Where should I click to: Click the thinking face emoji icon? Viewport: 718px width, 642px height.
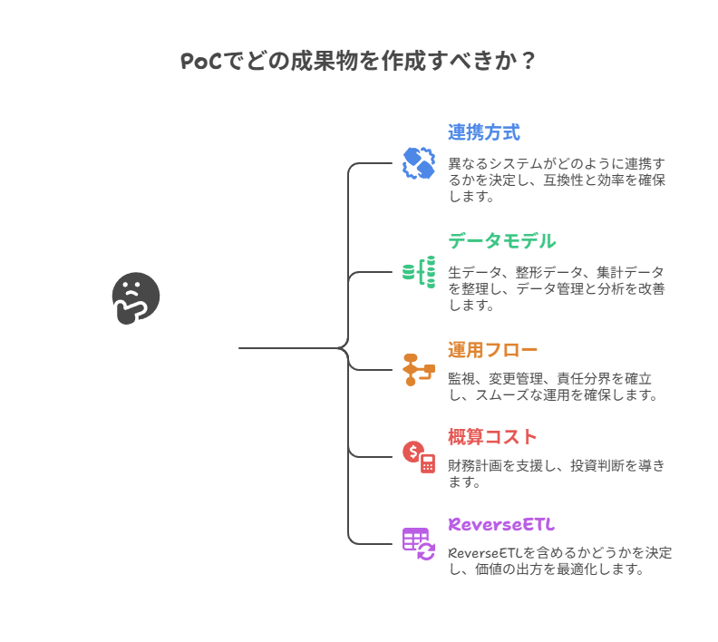coord(135,297)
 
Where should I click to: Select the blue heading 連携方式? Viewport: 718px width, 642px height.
coord(483,132)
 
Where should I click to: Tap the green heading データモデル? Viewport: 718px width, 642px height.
coord(501,241)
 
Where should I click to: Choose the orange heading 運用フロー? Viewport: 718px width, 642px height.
coord(492,350)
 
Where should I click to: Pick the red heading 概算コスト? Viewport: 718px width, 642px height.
coord(492,437)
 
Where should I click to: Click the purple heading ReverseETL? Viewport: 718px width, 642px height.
coord(501,524)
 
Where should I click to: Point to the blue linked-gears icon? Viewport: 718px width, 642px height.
coord(419,163)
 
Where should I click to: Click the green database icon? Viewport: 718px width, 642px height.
coord(419,272)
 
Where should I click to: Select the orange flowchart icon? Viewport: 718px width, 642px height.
coord(419,369)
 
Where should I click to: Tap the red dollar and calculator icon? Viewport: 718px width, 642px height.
coord(419,456)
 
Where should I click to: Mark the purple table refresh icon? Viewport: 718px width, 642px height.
coord(419,543)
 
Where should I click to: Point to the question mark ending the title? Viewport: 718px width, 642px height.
coord(529,62)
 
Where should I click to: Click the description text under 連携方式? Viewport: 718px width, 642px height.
coord(557,180)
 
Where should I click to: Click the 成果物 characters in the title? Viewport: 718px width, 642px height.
coord(316,62)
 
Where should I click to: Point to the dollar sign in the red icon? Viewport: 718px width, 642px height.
coord(413,451)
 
